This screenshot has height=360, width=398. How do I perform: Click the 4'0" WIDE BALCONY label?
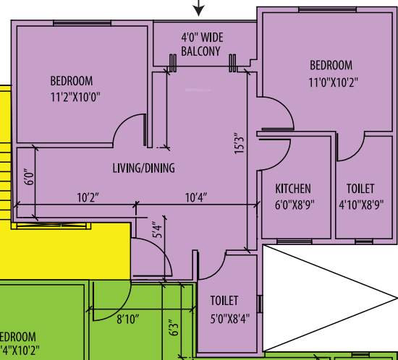pyautogui.click(x=201, y=44)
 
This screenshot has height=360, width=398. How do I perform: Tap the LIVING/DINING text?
pyautogui.click(x=143, y=168)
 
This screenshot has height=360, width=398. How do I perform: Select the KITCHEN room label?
pyautogui.click(x=293, y=189)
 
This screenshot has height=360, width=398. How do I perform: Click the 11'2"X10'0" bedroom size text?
pyautogui.click(x=81, y=95)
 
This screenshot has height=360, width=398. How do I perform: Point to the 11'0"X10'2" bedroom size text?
pyautogui.click(x=331, y=82)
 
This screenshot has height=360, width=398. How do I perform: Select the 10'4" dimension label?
pyautogui.click(x=196, y=197)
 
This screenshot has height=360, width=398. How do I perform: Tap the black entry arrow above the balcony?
pyautogui.click(x=199, y=9)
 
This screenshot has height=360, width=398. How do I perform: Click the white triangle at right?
pyautogui.click(x=318, y=296)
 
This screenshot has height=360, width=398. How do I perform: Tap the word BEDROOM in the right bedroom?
pyautogui.click(x=331, y=65)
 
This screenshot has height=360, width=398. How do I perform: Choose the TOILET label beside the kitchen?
pyautogui.click(x=360, y=189)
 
